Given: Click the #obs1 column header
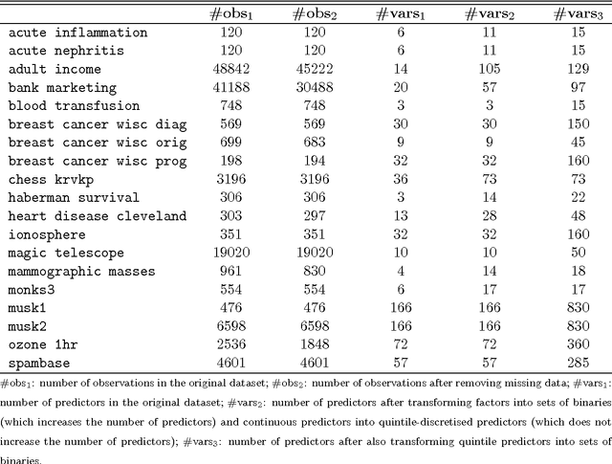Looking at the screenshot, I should point(232,12).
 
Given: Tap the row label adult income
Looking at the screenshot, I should point(56,69).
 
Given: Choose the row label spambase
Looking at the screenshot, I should point(42,363).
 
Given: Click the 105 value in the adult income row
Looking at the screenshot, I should point(483,69).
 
